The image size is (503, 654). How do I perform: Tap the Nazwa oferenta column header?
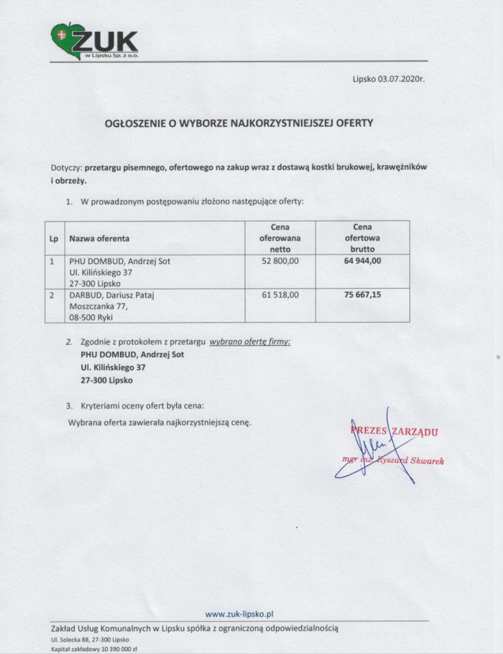tap(99, 238)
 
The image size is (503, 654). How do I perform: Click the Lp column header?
tap(54, 238)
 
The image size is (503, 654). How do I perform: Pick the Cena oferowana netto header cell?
tap(280, 238)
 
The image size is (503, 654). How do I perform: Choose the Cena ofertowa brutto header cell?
tap(362, 238)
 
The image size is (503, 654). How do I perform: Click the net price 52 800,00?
tap(280, 261)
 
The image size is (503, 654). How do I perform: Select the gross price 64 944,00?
tap(362, 261)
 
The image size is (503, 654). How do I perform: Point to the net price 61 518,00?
tap(280, 295)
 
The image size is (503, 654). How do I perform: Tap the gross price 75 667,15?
tap(362, 295)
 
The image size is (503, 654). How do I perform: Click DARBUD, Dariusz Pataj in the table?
tap(112, 295)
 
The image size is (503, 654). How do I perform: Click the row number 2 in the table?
tap(51, 295)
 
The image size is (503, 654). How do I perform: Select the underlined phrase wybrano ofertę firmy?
tap(250, 342)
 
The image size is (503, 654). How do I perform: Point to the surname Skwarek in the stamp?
tap(427, 460)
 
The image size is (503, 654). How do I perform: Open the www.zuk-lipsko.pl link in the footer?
tap(238, 614)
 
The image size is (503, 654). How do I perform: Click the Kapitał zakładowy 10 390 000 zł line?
tap(94, 649)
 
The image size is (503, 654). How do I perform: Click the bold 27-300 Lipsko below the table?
tap(107, 380)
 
